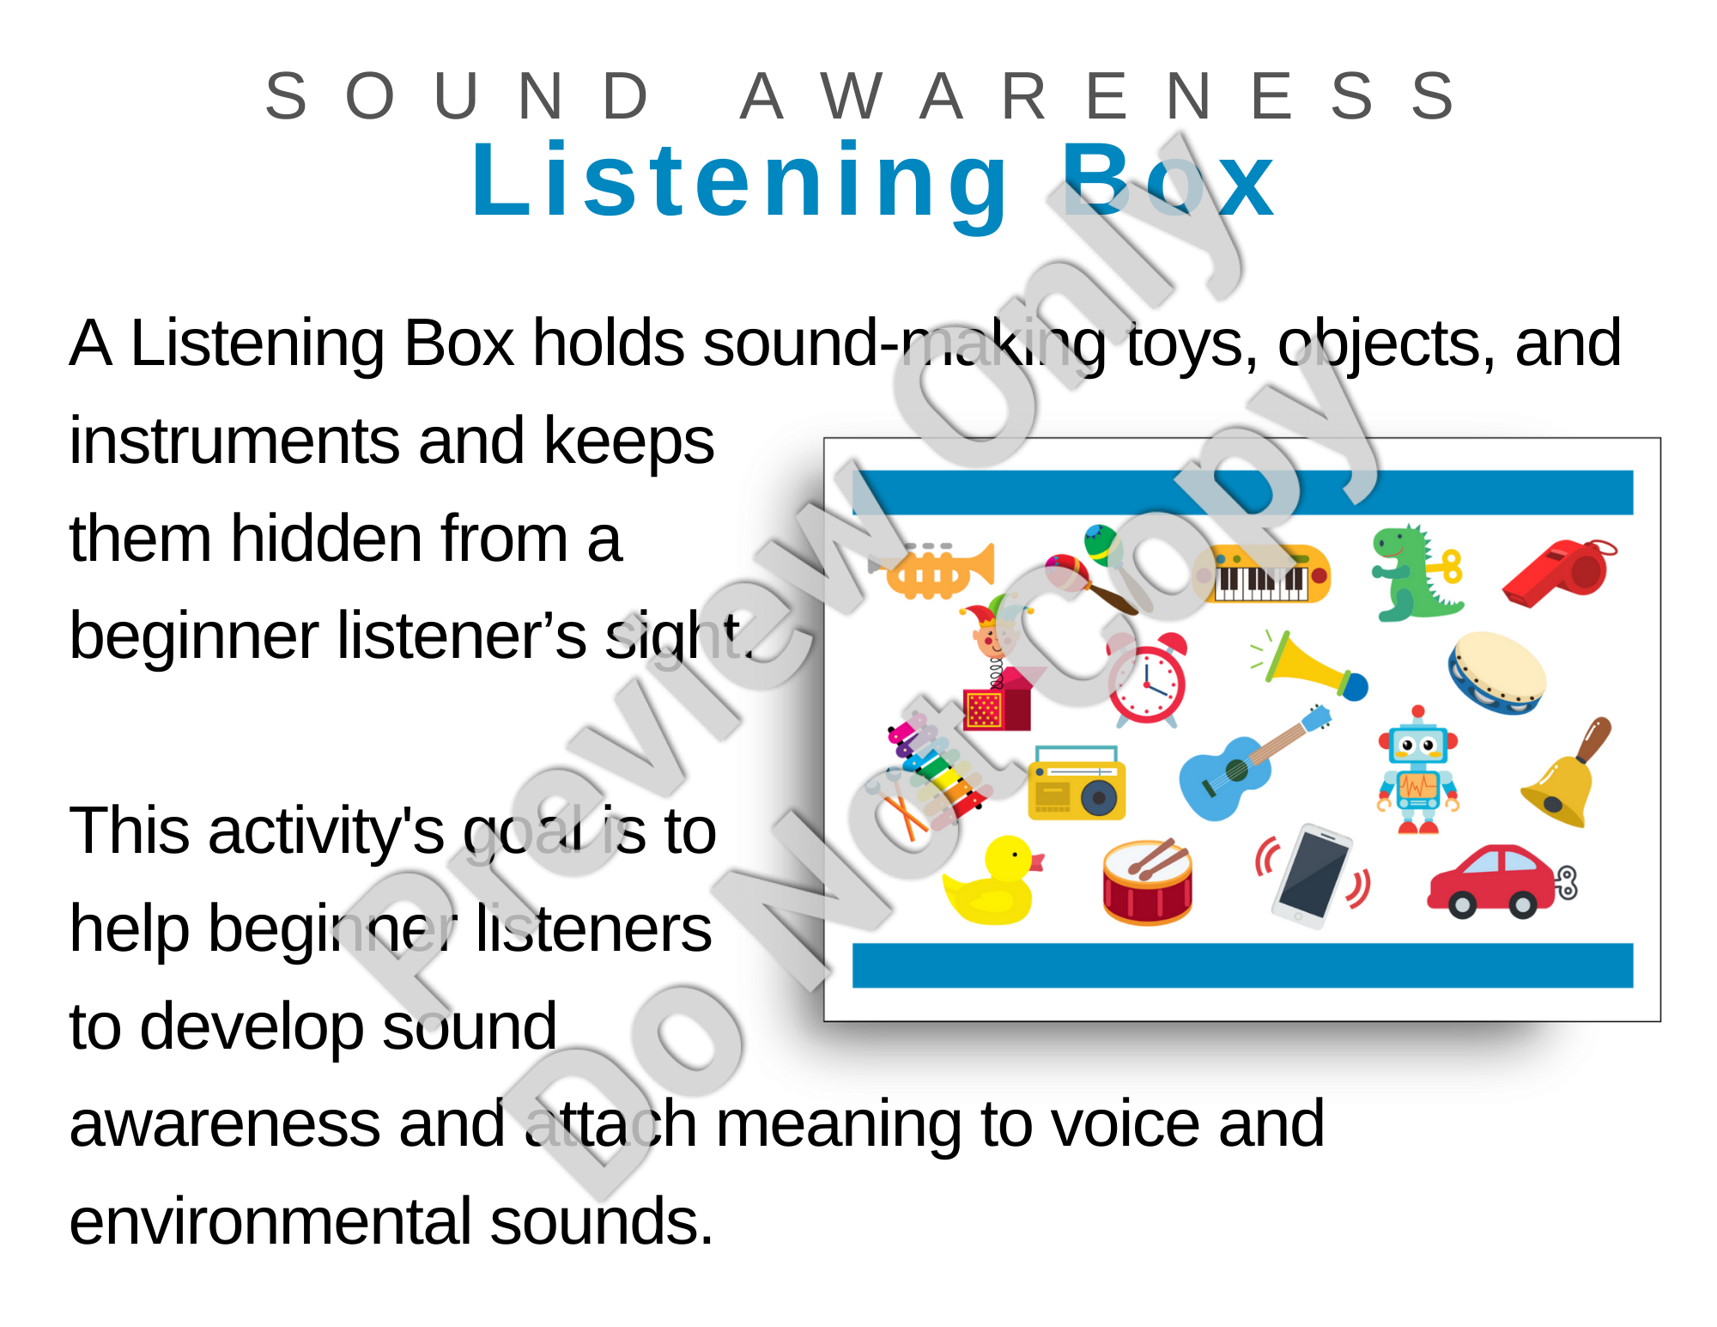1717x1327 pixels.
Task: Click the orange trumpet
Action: pos(933,571)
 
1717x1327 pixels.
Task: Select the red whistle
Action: pos(1559,572)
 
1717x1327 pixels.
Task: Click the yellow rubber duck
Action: pos(993,881)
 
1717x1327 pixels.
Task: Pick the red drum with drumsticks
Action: pos(1148,881)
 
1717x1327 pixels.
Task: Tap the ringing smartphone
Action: pos(1312,874)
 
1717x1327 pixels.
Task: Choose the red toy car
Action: pos(1501,881)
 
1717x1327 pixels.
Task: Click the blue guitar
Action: pos(1253,763)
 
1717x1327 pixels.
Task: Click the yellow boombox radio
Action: pos(1077,783)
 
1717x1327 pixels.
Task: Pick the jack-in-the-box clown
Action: pos(998,667)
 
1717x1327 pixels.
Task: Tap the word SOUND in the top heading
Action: pos(458,96)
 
